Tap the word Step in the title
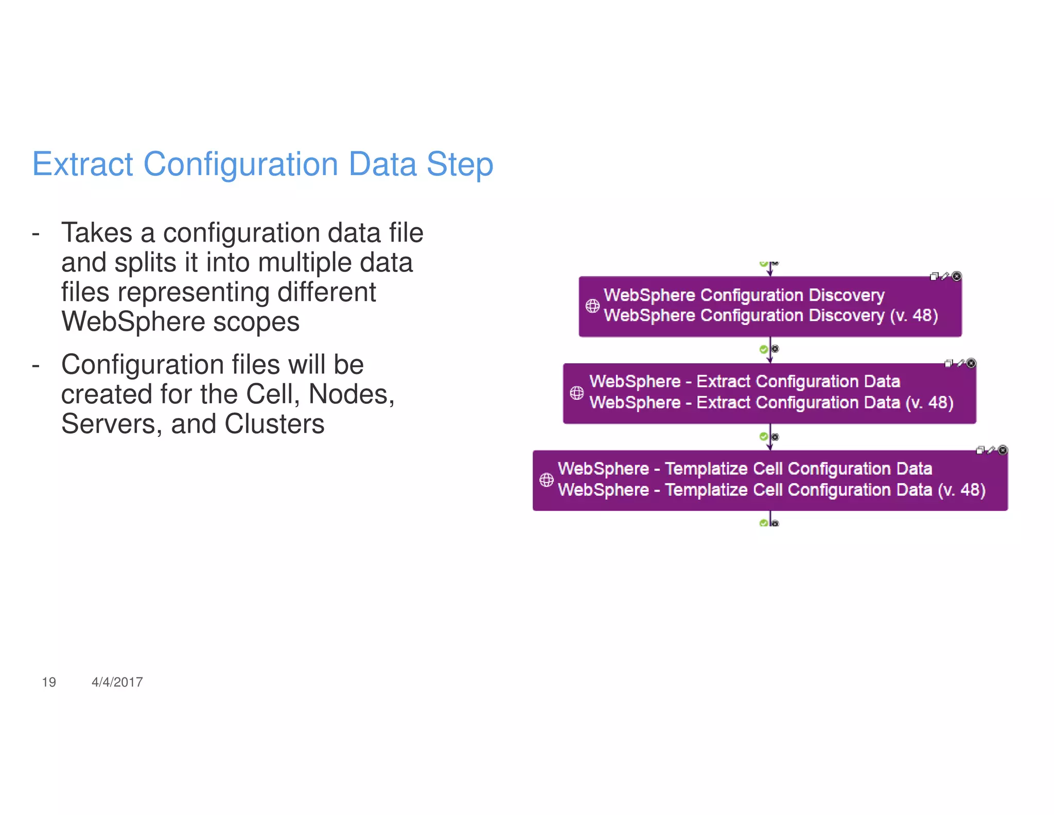coord(460,164)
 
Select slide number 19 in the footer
coord(49,682)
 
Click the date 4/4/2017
coord(117,682)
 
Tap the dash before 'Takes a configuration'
coord(36,233)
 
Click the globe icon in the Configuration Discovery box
coord(592,306)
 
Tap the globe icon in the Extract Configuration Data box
coord(576,393)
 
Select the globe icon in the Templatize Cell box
coord(546,480)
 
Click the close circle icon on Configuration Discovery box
coord(956,277)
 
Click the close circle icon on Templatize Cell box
coord(1003,450)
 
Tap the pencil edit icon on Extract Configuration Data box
coord(960,364)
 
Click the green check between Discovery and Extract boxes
coord(764,350)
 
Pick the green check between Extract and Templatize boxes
coord(764,437)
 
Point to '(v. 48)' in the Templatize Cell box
coord(961,490)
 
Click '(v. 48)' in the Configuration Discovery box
coord(914,315)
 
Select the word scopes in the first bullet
coord(256,322)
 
